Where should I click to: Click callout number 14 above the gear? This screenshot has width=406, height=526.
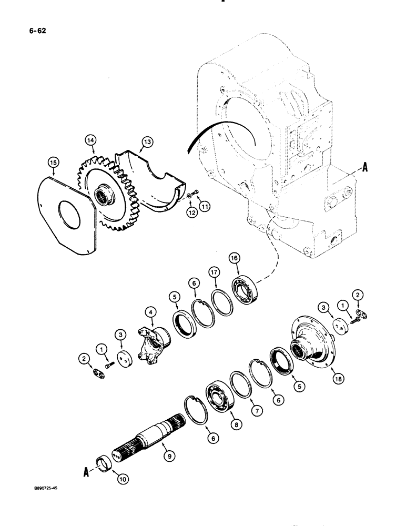pyautogui.click(x=92, y=140)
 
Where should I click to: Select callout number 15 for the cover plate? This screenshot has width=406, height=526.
pyautogui.click(x=54, y=164)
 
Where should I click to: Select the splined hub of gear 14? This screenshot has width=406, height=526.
pyautogui.click(x=101, y=198)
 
